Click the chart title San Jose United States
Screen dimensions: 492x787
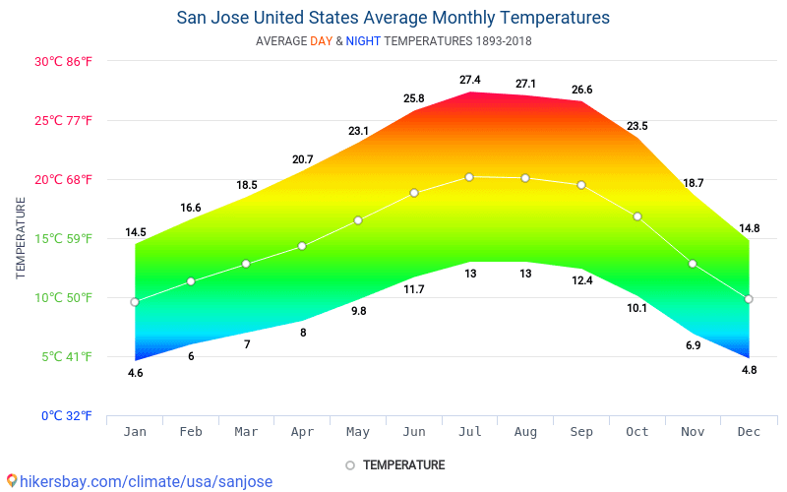[x=393, y=18]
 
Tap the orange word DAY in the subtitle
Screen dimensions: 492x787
[x=321, y=41]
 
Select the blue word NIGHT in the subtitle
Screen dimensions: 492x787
[x=363, y=41]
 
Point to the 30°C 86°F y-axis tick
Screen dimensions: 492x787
[x=63, y=61]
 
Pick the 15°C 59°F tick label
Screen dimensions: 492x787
[x=63, y=238]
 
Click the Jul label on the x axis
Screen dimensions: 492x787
[x=469, y=432]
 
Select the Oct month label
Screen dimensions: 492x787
[x=637, y=432]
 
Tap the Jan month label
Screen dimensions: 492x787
[x=135, y=432]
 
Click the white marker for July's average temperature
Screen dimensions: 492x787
[x=469, y=177]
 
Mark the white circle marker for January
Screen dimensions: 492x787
[x=135, y=302]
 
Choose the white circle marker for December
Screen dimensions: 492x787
[x=749, y=299]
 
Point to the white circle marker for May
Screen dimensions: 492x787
[x=358, y=220]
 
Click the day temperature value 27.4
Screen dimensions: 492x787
[x=469, y=80]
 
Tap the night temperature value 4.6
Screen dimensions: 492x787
[x=135, y=373]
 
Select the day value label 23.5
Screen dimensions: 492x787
[x=637, y=126]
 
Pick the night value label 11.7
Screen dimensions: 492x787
[x=414, y=289]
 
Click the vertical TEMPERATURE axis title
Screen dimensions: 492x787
[x=21, y=237]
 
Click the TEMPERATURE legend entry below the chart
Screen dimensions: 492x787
[x=395, y=464]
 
